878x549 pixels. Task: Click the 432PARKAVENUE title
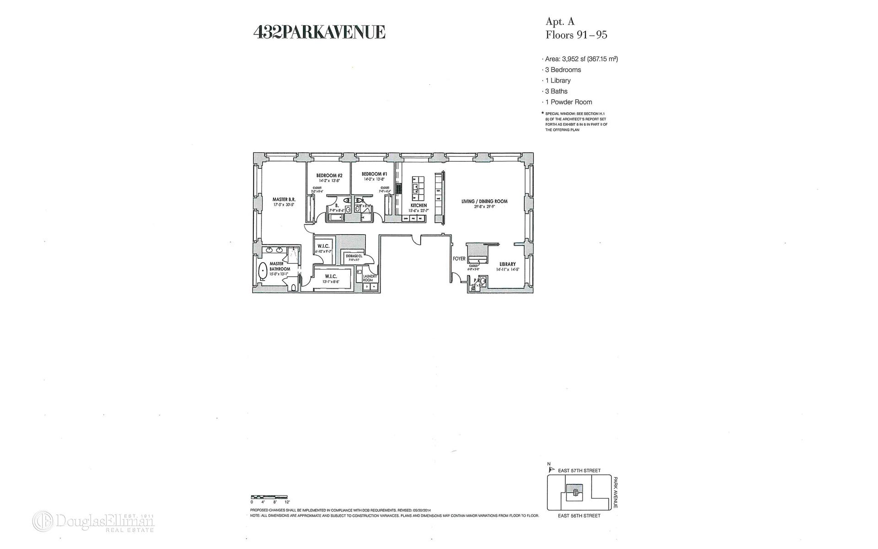click(x=319, y=32)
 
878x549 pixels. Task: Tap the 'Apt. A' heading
click(x=560, y=22)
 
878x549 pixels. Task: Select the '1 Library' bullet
click(x=557, y=81)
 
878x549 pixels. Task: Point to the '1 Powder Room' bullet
click(x=568, y=102)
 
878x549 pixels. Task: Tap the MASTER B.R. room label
click(x=284, y=199)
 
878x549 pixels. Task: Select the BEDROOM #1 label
click(x=374, y=174)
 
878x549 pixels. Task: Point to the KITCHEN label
click(x=418, y=205)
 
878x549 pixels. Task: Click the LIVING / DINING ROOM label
click(x=484, y=201)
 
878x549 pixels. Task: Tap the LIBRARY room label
click(x=508, y=264)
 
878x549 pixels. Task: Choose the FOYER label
click(x=459, y=258)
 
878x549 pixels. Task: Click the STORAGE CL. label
click(x=354, y=256)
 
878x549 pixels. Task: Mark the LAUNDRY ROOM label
click(x=370, y=278)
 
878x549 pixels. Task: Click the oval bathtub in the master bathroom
click(x=263, y=272)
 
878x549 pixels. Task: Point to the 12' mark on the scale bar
click(x=287, y=502)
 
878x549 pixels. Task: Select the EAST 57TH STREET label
click(x=579, y=470)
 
